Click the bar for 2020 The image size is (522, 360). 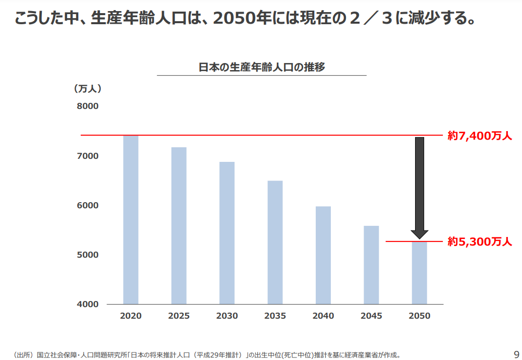click(131, 220)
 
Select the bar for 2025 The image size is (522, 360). click(179, 226)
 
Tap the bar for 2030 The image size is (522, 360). click(227, 233)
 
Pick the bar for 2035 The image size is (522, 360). click(275, 243)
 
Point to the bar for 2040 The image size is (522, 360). click(323, 255)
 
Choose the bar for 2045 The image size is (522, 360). click(371, 265)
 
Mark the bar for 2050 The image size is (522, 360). click(419, 273)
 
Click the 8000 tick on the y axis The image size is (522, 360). click(87, 106)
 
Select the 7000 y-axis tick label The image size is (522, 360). click(87, 156)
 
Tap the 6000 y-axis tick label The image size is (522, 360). click(87, 206)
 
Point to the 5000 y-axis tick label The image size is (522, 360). click(87, 255)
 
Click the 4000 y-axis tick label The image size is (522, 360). click(87, 305)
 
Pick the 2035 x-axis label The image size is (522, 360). click(275, 316)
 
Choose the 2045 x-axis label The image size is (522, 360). click(371, 316)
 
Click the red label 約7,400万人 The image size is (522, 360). click(480, 136)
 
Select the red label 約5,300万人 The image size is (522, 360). click(480, 242)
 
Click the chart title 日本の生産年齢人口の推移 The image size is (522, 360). click(261, 67)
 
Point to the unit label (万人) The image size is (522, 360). click(88, 89)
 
